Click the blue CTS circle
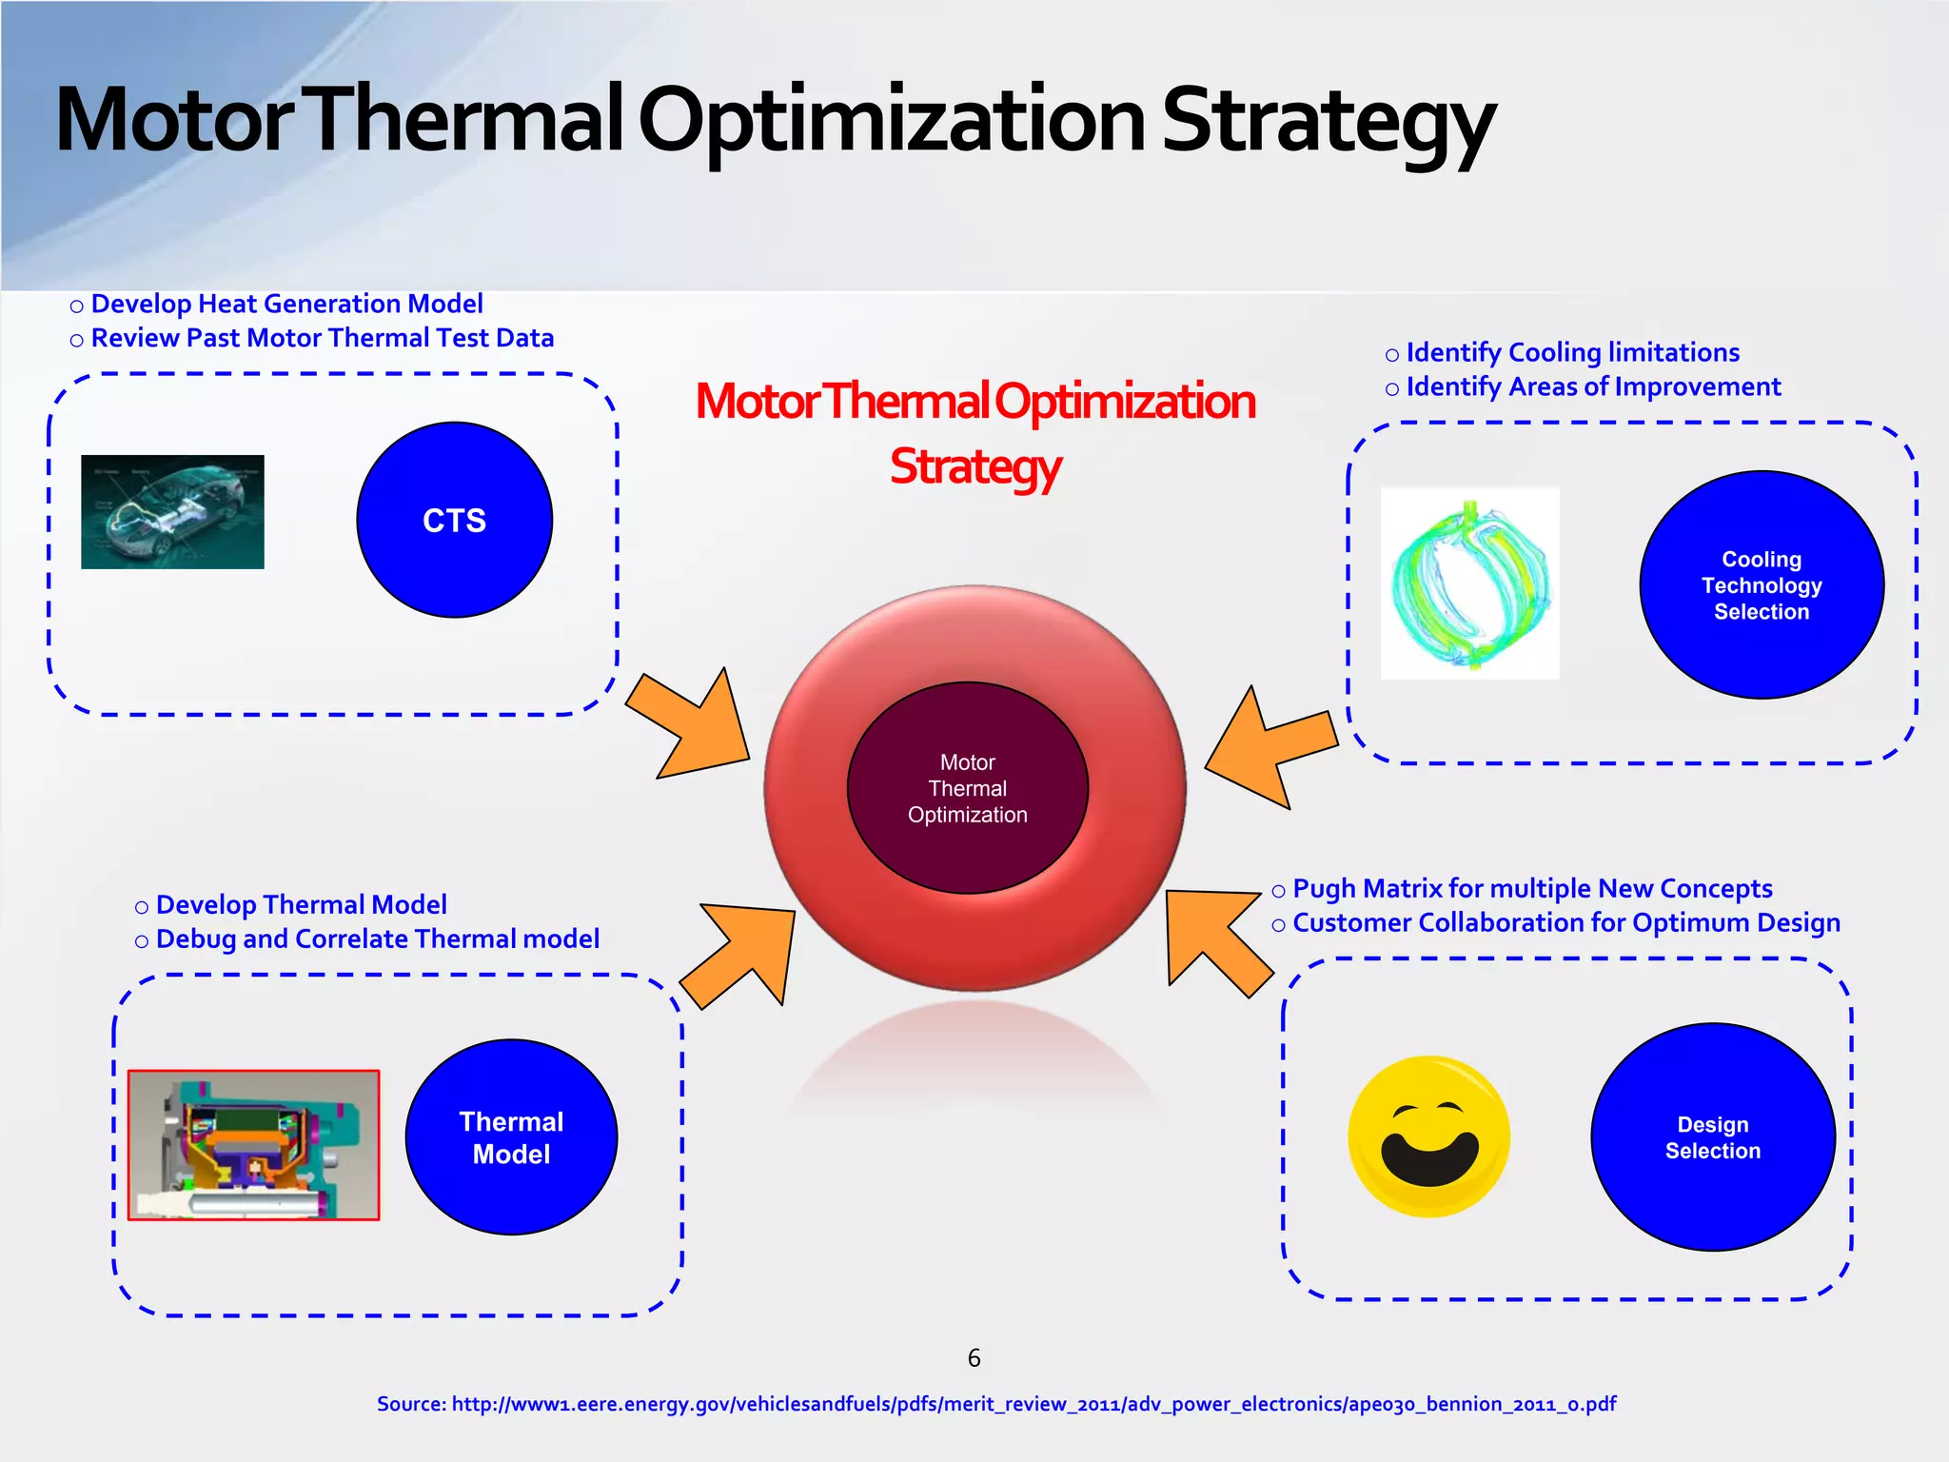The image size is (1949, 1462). [x=454, y=520]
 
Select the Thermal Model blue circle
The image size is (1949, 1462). [x=511, y=1136]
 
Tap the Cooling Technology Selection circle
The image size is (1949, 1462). [x=1761, y=584]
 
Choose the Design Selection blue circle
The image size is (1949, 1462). [x=1712, y=1136]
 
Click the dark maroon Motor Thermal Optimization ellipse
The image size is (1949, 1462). [x=967, y=788]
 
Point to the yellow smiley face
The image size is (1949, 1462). [x=1428, y=1136]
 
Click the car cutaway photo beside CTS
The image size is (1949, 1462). [x=172, y=512]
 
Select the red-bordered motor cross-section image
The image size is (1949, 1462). [x=253, y=1145]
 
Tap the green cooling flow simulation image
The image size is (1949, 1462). [x=1469, y=583]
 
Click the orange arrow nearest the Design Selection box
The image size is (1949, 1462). [x=1214, y=937]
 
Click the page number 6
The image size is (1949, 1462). [x=974, y=1358]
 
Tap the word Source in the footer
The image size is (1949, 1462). [x=410, y=1404]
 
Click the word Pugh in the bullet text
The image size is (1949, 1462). [x=1325, y=889]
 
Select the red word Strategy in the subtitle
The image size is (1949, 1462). [x=974, y=467]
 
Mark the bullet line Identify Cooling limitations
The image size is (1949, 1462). [x=1571, y=353]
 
